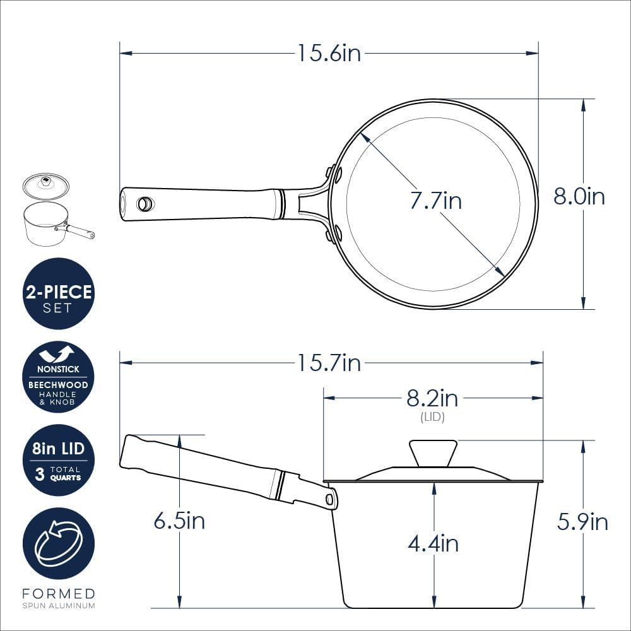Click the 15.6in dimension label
click(x=329, y=53)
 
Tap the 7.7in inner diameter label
click(x=435, y=201)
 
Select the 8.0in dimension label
click(x=579, y=197)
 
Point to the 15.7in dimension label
click(x=329, y=363)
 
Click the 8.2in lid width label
click(x=432, y=398)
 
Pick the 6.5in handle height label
click(x=179, y=521)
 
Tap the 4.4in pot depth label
click(x=433, y=544)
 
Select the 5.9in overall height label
click(x=582, y=522)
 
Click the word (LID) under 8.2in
click(x=433, y=417)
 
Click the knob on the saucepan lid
click(x=433, y=453)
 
